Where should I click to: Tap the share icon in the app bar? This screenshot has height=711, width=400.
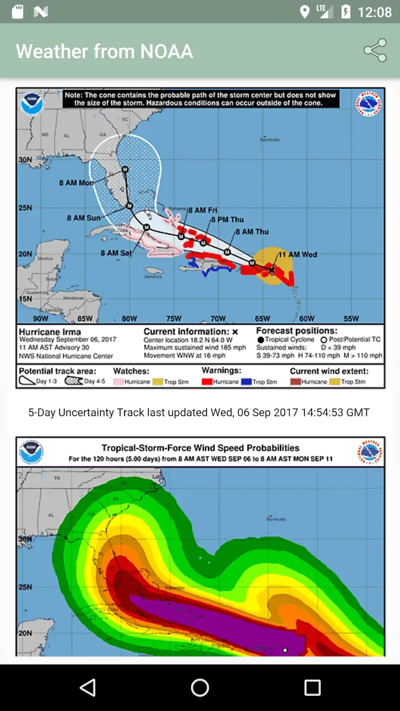point(375,50)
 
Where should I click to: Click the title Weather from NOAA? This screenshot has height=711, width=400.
point(104,51)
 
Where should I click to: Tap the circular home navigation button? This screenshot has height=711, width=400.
point(200,687)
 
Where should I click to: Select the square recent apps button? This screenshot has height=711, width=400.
point(312,687)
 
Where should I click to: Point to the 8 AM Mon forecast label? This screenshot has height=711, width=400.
point(76,183)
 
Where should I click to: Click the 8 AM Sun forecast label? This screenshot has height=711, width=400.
point(83,218)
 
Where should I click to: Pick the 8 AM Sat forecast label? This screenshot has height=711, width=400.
point(116,253)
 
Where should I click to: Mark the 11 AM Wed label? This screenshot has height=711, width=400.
point(297,254)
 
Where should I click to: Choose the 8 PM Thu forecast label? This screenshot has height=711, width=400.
point(227,219)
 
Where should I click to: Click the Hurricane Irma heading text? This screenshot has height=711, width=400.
point(49,331)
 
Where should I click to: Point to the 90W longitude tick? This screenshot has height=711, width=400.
point(40,318)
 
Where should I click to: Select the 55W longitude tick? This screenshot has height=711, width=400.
point(351,318)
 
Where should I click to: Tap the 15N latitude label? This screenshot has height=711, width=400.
point(25,298)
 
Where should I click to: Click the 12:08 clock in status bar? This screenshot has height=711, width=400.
point(374,12)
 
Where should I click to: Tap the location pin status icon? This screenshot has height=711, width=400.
point(304,12)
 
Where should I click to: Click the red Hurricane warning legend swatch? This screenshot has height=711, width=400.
point(207,382)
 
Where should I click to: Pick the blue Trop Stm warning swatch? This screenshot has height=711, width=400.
point(246,382)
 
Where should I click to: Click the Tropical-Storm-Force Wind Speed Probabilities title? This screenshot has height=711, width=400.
point(200,448)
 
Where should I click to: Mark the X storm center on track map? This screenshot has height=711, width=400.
point(272,270)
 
